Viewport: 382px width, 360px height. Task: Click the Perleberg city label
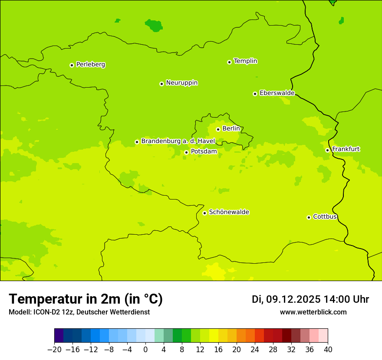tap(90, 65)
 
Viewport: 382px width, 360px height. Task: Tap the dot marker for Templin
tap(229, 62)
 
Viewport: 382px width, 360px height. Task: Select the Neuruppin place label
tap(181, 83)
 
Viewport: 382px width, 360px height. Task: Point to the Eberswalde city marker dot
tap(255, 94)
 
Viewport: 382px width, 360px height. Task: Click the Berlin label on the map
tap(231, 129)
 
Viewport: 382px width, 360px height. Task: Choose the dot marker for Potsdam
tap(186, 152)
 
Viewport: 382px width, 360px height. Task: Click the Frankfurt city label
tap(346, 149)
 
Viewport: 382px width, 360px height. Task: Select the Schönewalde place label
tap(229, 212)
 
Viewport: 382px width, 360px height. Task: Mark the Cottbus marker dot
tap(309, 217)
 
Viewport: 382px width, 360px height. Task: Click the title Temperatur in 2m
tap(86, 299)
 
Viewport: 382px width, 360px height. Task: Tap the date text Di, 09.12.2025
tap(286, 299)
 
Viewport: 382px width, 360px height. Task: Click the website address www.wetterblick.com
tap(313, 312)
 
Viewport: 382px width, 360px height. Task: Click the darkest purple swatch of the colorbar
tap(59, 336)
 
